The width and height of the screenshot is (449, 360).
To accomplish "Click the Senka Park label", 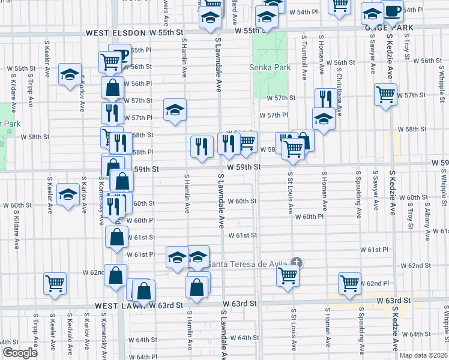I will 270,67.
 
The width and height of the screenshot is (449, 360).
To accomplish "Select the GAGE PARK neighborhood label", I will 390,27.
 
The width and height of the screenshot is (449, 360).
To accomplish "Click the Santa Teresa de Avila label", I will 247,264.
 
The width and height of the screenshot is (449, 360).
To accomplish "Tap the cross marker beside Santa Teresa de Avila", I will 296,262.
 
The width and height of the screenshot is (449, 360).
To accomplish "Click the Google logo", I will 20,353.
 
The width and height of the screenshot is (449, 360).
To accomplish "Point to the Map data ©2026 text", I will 423,355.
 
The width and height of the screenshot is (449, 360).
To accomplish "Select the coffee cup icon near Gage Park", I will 393,11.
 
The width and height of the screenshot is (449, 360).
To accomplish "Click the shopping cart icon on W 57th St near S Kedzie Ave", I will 385,94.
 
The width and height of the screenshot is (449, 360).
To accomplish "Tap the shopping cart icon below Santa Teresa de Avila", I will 288,275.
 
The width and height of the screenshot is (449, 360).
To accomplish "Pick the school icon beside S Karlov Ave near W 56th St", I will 70,74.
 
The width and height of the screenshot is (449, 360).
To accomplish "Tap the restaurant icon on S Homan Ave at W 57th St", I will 325,98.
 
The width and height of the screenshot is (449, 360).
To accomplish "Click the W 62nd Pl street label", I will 375,283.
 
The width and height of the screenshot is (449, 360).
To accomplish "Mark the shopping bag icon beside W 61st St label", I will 116,237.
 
